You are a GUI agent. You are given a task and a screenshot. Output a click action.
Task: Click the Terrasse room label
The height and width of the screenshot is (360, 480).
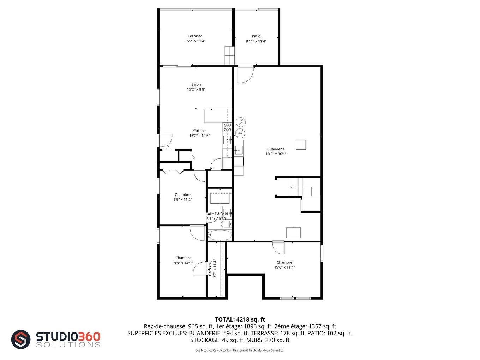coord(195,36)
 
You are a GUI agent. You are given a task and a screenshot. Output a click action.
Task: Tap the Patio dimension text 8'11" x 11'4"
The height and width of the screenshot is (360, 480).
coord(256,41)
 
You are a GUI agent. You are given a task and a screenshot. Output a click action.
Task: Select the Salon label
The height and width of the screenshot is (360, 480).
coord(196,84)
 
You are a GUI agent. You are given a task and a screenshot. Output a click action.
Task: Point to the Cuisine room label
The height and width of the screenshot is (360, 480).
coord(199,131)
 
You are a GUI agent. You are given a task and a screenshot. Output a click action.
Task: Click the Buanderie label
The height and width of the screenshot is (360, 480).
coord(276,149)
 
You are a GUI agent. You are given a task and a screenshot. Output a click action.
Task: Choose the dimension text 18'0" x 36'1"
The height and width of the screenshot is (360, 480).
coord(276,154)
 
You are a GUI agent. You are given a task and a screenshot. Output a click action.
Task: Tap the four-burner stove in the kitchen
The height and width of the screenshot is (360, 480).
coord(227,127)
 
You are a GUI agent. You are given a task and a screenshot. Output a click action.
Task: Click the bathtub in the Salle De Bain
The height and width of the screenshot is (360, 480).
coord(220,235)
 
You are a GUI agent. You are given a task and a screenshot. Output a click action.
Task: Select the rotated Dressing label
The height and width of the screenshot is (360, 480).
coord(210,269)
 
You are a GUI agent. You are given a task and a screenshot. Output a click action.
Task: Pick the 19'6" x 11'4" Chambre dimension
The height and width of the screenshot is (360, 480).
coord(284,267)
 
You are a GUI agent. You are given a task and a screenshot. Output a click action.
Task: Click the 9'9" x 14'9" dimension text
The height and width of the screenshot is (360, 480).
coord(183,263)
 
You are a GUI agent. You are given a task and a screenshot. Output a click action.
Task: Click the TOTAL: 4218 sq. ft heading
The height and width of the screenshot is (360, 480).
coord(240,319)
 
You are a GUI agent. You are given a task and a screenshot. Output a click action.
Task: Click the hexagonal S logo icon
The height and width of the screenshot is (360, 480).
coord(21,340)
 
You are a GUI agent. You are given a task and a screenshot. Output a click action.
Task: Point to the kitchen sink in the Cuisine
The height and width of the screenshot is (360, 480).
coord(227,140)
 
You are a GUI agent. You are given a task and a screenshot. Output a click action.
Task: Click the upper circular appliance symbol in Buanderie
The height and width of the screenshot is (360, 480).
coord(240,122)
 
